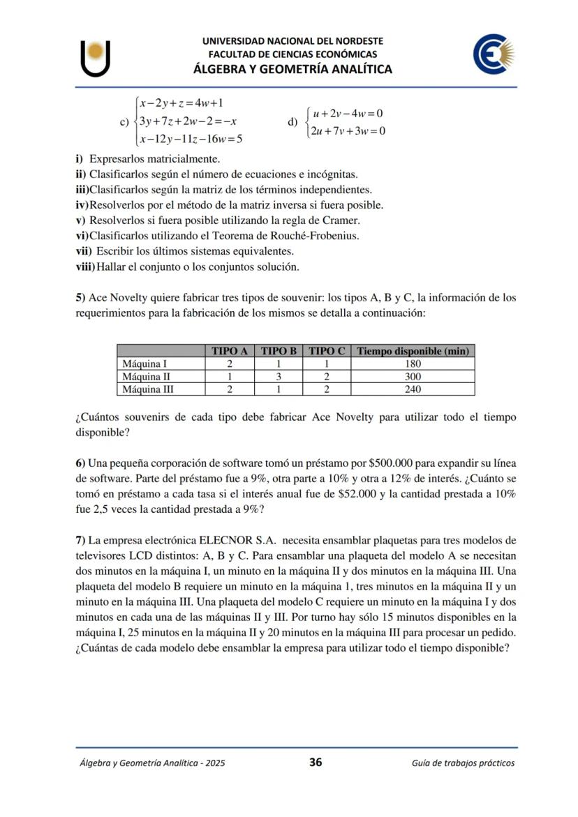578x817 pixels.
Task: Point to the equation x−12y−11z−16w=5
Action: tap(191, 139)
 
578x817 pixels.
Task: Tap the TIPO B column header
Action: tap(279, 351)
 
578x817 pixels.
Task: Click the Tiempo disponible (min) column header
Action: tap(413, 351)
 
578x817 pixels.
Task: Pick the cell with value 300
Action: tap(413, 377)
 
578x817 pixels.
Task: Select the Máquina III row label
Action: tap(148, 389)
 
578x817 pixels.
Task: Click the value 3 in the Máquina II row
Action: tap(279, 377)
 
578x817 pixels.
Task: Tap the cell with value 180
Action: tap(413, 363)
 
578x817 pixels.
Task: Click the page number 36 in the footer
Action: tap(316, 763)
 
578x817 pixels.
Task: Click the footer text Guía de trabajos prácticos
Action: tap(464, 763)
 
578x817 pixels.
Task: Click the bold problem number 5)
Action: tap(80, 297)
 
